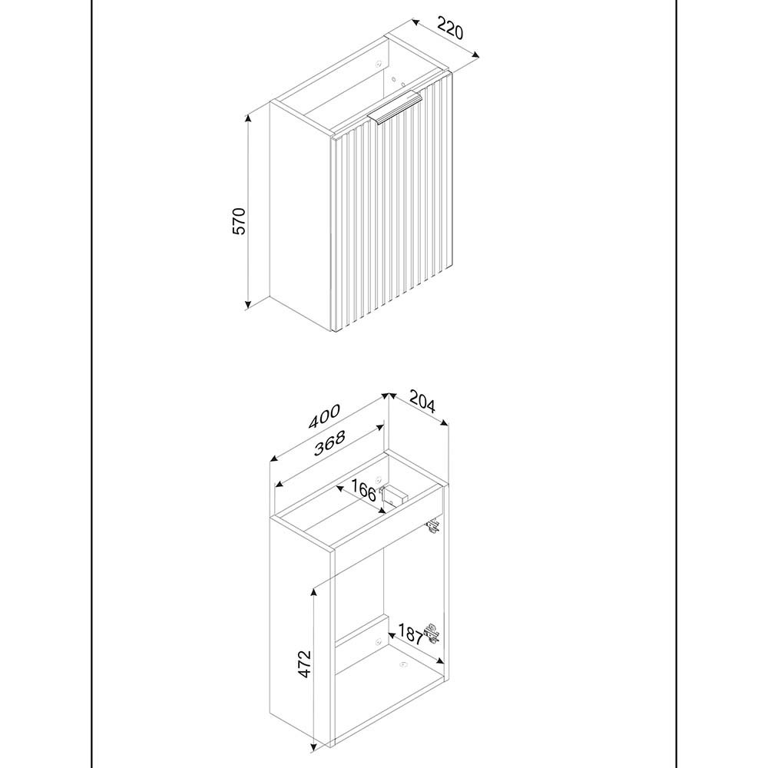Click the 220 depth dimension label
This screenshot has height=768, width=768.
[449, 28]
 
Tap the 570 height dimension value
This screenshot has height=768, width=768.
[239, 221]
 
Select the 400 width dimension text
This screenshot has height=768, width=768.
[324, 416]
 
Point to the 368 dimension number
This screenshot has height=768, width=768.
[329, 442]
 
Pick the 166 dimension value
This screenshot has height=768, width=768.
[364, 490]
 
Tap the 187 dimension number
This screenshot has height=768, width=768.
[410, 634]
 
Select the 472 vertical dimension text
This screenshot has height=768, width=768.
[304, 664]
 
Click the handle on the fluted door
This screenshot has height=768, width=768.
[396, 109]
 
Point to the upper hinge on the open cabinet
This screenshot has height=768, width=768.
[433, 525]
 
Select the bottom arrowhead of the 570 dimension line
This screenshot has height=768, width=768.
[248, 305]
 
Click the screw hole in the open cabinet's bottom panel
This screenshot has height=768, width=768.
[403, 664]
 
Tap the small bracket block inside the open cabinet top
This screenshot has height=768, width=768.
[395, 495]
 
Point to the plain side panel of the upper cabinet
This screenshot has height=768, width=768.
[300, 216]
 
